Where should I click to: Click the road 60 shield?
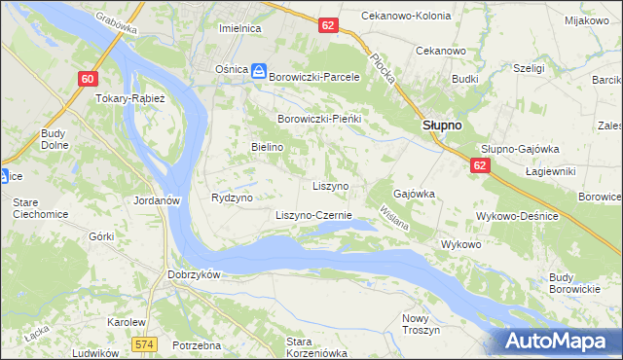(89, 79)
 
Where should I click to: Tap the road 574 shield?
(145, 344)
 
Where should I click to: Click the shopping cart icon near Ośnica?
(259, 70)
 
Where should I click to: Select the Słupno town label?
(441, 126)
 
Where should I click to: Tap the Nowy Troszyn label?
(421, 324)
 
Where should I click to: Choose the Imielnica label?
(240, 29)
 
